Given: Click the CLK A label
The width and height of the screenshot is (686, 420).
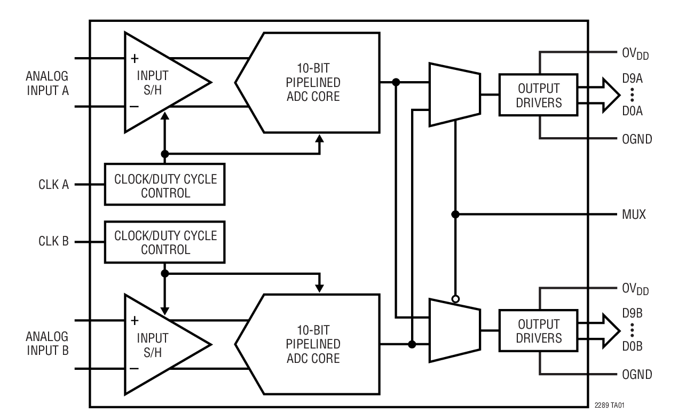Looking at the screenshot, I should [x=54, y=185].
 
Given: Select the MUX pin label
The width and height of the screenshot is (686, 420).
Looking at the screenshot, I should [x=634, y=215].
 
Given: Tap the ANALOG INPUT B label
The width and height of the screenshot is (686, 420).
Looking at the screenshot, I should [x=49, y=344].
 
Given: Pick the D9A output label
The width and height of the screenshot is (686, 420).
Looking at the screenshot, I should [x=632, y=78].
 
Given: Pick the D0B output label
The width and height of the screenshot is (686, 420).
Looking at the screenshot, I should [x=632, y=346].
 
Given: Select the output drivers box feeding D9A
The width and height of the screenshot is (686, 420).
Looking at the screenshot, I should [x=539, y=94].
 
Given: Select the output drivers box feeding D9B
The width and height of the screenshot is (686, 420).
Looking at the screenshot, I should [x=539, y=331].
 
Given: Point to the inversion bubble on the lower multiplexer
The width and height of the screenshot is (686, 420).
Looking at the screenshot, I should [x=455, y=299].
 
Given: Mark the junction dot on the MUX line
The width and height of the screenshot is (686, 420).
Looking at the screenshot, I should [x=455, y=215].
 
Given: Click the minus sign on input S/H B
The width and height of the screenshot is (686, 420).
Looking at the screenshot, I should [x=135, y=369].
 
